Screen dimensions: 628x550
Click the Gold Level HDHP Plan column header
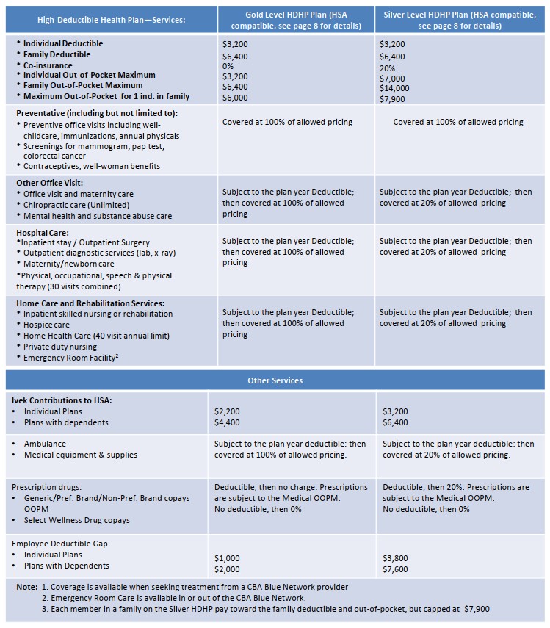coord(297,20)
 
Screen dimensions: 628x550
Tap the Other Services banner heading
coord(275,380)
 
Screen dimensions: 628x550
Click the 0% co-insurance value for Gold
coord(228,65)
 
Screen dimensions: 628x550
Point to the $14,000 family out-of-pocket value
coord(395,88)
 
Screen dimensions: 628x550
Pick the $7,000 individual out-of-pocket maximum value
coord(392,78)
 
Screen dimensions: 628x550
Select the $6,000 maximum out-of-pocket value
coord(235,98)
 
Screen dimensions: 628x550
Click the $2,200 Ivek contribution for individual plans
coord(227,411)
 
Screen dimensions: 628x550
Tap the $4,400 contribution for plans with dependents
coord(227,422)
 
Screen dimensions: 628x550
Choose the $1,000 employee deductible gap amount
coord(227,558)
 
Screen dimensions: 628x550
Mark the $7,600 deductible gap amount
coord(395,569)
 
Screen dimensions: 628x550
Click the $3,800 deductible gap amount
coord(395,558)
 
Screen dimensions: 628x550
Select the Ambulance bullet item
coord(45,444)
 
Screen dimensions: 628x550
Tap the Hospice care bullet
coord(46,325)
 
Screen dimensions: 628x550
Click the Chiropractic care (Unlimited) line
coord(76,205)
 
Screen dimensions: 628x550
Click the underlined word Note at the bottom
coord(28,586)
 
